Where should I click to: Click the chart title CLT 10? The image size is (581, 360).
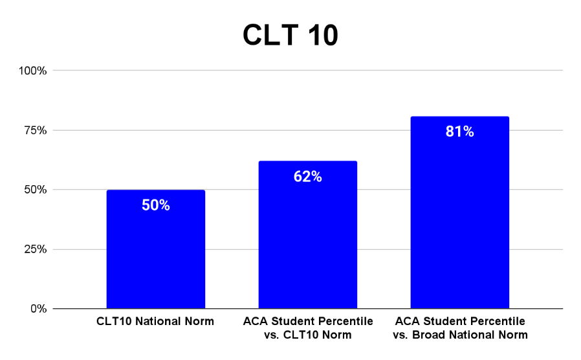pyautogui.click(x=290, y=35)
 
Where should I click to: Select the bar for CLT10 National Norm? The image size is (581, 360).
pyautogui.click(x=156, y=249)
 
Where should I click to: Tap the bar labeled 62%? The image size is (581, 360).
pyautogui.click(x=308, y=234)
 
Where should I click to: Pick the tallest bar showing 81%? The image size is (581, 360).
pyautogui.click(x=460, y=212)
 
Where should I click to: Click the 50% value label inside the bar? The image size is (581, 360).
pyautogui.click(x=156, y=205)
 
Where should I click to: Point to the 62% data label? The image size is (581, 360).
pyautogui.click(x=308, y=177)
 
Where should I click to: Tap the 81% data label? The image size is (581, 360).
pyautogui.click(x=460, y=131)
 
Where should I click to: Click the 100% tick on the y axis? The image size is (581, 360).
pyautogui.click(x=32, y=71)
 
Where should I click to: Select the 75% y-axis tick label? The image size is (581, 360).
pyautogui.click(x=36, y=130)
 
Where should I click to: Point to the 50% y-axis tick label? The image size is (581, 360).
pyautogui.click(x=36, y=190)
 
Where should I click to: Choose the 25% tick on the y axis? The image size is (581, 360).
pyautogui.click(x=36, y=249)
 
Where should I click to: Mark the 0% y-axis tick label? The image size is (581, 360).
pyautogui.click(x=39, y=308)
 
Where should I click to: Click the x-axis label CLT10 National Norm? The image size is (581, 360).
pyautogui.click(x=155, y=321)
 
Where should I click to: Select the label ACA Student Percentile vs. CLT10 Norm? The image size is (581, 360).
pyautogui.click(x=308, y=328)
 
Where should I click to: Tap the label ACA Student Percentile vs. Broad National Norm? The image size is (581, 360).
pyautogui.click(x=460, y=328)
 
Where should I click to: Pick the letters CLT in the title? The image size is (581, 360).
pyautogui.click(x=270, y=35)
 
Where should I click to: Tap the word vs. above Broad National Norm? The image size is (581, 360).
pyautogui.click(x=401, y=335)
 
